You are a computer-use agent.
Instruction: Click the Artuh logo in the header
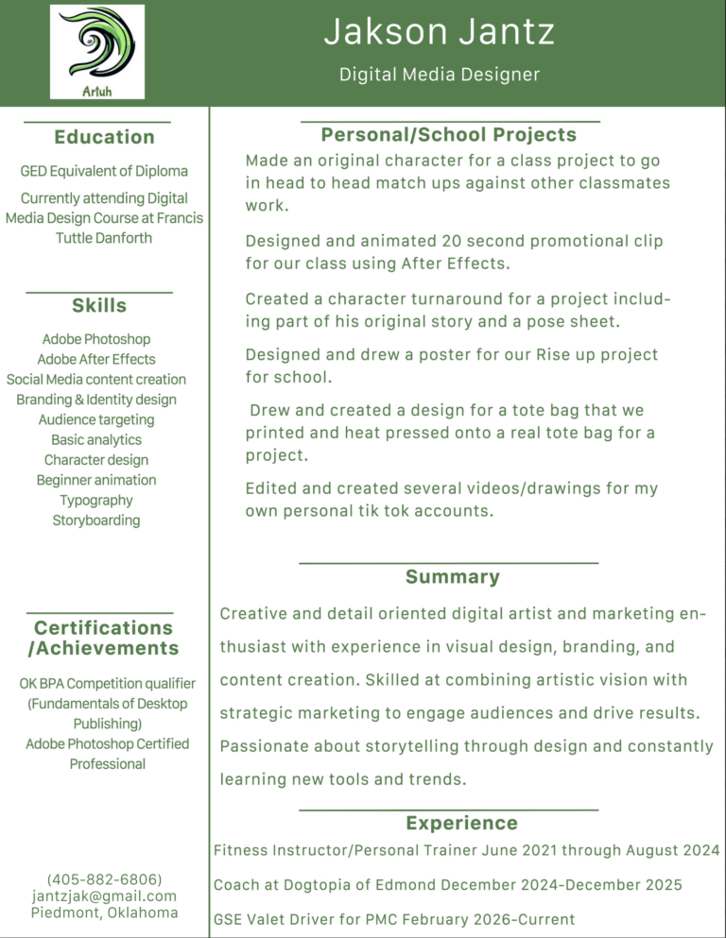click(96, 51)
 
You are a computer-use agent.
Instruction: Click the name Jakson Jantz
click(439, 32)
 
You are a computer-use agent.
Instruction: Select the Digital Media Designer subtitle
click(440, 74)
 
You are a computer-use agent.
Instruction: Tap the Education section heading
click(104, 137)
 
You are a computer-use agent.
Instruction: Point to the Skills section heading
click(99, 305)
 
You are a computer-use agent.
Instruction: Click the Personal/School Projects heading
click(448, 135)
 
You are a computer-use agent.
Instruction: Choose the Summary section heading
click(452, 576)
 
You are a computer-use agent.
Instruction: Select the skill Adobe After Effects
click(96, 359)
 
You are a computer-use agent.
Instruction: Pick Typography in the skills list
click(96, 500)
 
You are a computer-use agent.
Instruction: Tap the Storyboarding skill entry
click(96, 520)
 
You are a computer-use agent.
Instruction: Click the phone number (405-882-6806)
click(104, 878)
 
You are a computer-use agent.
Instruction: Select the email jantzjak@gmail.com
click(104, 895)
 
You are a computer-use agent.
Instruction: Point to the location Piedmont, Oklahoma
click(104, 912)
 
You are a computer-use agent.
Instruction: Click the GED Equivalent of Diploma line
click(104, 171)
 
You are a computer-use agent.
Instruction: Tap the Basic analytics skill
click(96, 439)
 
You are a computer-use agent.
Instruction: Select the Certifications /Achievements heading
click(104, 638)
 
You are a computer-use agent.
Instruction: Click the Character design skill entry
click(96, 460)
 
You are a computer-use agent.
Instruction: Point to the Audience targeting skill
click(96, 419)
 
